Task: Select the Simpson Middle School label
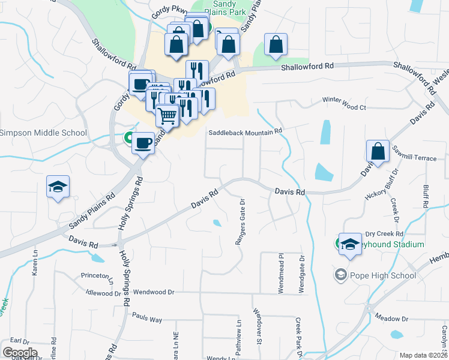click(x=43, y=133)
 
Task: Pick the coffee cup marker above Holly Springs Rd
click(x=143, y=143)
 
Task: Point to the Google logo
click(x=20, y=352)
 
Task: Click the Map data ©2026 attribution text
click(x=424, y=355)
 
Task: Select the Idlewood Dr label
click(x=104, y=293)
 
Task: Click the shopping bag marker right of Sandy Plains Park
click(x=276, y=44)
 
